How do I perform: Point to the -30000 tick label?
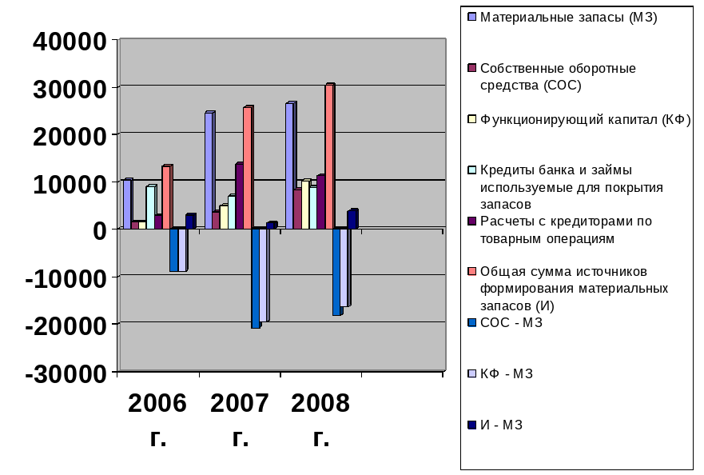coord(67,373)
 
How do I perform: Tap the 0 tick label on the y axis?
coord(98,230)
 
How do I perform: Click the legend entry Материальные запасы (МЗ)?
coord(568,17)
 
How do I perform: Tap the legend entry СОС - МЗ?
coord(511,322)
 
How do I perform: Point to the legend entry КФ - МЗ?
coord(507,373)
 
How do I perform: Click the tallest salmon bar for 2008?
coord(328,157)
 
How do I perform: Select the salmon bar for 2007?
coord(248,168)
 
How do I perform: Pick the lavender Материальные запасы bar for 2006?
coord(126,204)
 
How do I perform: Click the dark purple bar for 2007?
coord(238,197)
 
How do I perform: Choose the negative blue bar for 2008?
coord(336,272)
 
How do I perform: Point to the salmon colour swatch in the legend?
coord(472,272)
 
